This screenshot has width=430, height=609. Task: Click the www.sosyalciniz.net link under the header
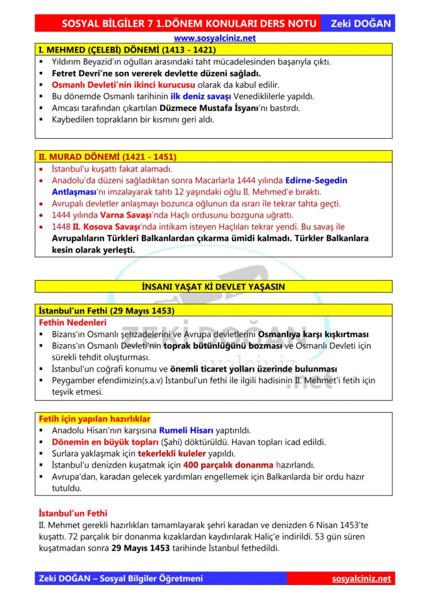tap(214, 38)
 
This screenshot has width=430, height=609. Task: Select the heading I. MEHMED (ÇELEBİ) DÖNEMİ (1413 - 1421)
tap(127, 50)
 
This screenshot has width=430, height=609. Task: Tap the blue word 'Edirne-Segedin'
tap(316, 180)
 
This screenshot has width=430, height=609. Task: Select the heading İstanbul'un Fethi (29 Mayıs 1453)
tap(106, 310)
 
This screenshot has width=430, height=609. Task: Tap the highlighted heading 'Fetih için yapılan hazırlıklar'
tap(95, 419)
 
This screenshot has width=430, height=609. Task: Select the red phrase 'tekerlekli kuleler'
tap(173, 453)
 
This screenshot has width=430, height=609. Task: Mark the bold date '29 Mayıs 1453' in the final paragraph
tap(137, 548)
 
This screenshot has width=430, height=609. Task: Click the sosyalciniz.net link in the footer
tap(361, 579)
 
